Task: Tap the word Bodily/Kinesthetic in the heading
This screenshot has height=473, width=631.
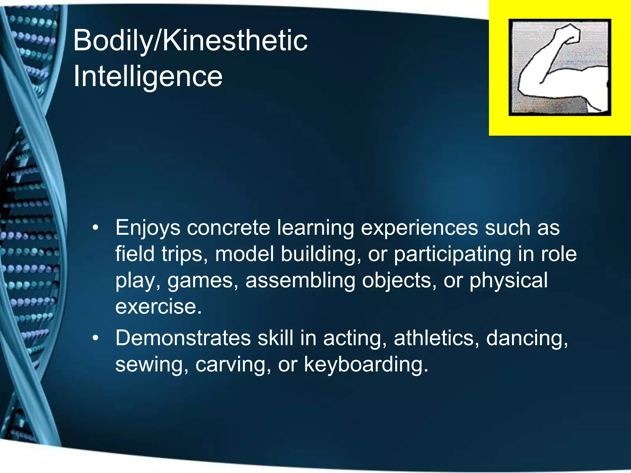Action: (190, 40)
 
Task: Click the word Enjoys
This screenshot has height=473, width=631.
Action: (148, 228)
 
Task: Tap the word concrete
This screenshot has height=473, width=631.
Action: (228, 228)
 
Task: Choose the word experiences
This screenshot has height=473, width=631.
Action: (419, 228)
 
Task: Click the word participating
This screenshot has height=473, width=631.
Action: (452, 254)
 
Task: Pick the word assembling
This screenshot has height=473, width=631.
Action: (300, 281)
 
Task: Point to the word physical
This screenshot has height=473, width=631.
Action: (509, 281)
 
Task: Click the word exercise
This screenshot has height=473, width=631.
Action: (158, 307)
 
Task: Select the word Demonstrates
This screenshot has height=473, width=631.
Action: (183, 338)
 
